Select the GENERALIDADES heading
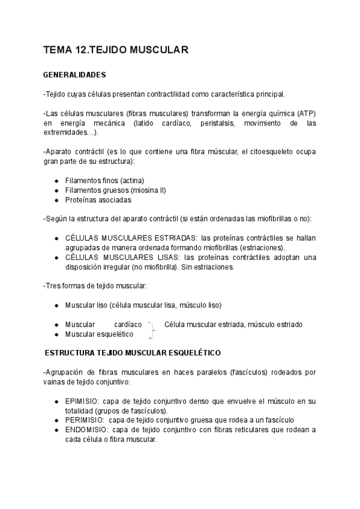(x=74, y=75)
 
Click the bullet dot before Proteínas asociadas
(x=56, y=200)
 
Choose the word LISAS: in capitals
(x=165, y=258)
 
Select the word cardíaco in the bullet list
(x=128, y=325)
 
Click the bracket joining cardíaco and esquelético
(x=152, y=329)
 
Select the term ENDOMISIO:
(x=86, y=430)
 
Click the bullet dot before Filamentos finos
(x=56, y=181)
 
